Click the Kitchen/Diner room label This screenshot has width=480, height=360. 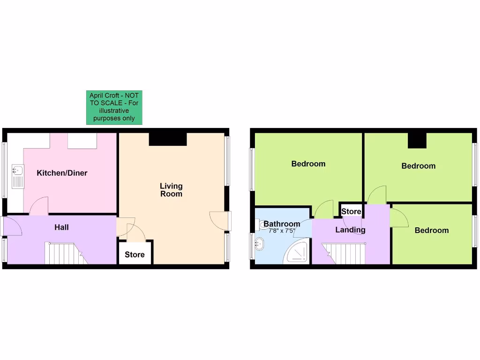tap(62, 173)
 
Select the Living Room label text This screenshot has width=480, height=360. tap(171, 190)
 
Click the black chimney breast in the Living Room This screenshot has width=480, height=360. tap(168, 139)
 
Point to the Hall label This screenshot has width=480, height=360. tap(61, 227)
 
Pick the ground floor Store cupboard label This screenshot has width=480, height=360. tap(135, 255)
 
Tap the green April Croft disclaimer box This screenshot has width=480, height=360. tap(114, 107)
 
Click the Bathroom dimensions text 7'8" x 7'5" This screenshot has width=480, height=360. tap(282, 231)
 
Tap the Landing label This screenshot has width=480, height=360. tap(350, 230)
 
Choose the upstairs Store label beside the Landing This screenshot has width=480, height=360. tap(351, 211)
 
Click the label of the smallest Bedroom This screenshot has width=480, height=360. tap(431, 230)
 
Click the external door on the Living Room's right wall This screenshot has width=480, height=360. tap(220, 221)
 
